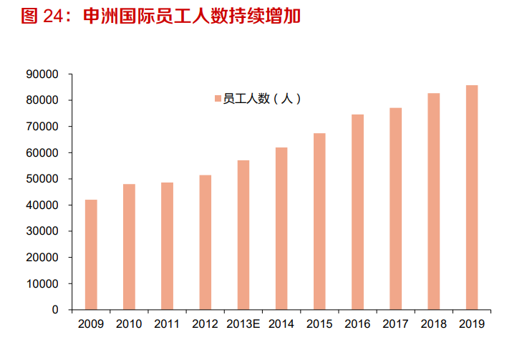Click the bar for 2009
(x=91, y=255)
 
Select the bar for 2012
(x=206, y=243)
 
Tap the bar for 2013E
(x=243, y=235)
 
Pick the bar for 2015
(x=319, y=222)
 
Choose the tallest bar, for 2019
(x=472, y=198)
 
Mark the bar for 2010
(x=129, y=247)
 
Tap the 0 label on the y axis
(x=54, y=310)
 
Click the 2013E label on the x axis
(x=243, y=324)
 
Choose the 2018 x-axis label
(x=434, y=324)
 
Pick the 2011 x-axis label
(x=167, y=324)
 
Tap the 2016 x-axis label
(x=357, y=324)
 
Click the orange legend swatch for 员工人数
(x=218, y=99)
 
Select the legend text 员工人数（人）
(x=262, y=99)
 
